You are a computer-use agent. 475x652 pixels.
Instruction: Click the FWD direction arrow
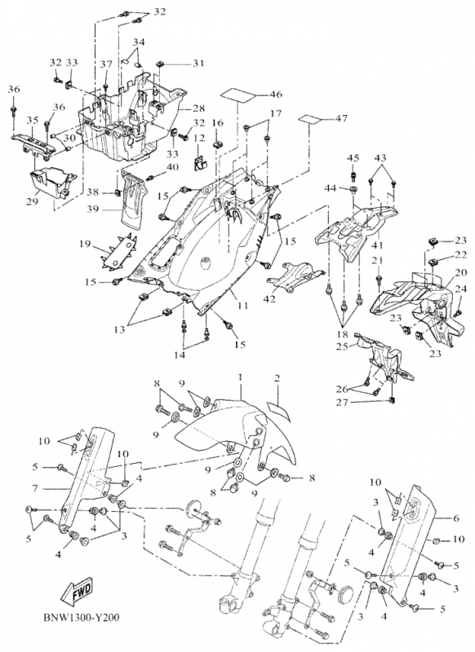click(78, 590)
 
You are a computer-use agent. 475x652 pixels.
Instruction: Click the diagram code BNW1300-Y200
click(81, 618)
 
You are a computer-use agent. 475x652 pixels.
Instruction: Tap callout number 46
click(276, 95)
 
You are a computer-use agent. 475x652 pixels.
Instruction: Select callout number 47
click(341, 118)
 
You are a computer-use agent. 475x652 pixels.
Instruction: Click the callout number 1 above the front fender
click(240, 377)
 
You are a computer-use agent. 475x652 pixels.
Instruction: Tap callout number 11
click(242, 306)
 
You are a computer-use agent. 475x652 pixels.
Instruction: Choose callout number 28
click(198, 108)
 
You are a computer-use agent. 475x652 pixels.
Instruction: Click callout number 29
click(32, 202)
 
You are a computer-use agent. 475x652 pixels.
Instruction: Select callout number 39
click(93, 209)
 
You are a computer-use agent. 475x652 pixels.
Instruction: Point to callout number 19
click(85, 244)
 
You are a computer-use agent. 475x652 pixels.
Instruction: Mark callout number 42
click(269, 298)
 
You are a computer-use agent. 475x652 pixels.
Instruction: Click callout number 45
click(353, 158)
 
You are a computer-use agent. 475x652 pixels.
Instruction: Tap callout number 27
click(343, 402)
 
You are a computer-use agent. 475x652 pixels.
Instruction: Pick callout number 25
click(342, 346)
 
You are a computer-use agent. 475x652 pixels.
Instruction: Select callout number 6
click(455, 518)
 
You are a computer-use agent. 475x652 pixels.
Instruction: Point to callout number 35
click(33, 121)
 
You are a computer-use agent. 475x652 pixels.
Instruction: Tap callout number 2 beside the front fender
click(277, 379)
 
